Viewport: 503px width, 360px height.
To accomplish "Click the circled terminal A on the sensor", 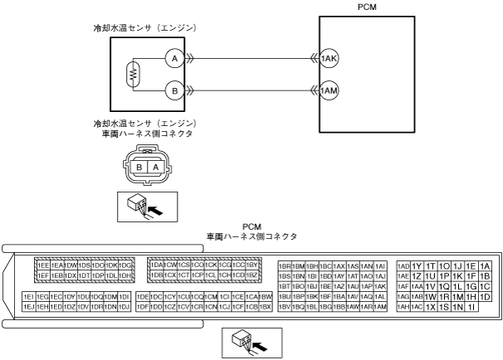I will [x=173, y=59].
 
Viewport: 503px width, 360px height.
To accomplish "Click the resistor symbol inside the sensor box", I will [x=131, y=75].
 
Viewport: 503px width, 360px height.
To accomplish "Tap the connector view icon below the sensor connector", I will [x=146, y=204].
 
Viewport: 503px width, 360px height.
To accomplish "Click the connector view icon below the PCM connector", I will [x=251, y=340].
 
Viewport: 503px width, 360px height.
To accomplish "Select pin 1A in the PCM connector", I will [x=486, y=265].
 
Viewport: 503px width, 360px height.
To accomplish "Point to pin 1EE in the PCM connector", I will [x=43, y=265].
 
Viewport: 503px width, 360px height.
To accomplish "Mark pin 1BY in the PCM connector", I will [x=253, y=265].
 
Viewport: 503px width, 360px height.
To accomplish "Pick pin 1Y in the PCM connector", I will [x=417, y=265].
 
